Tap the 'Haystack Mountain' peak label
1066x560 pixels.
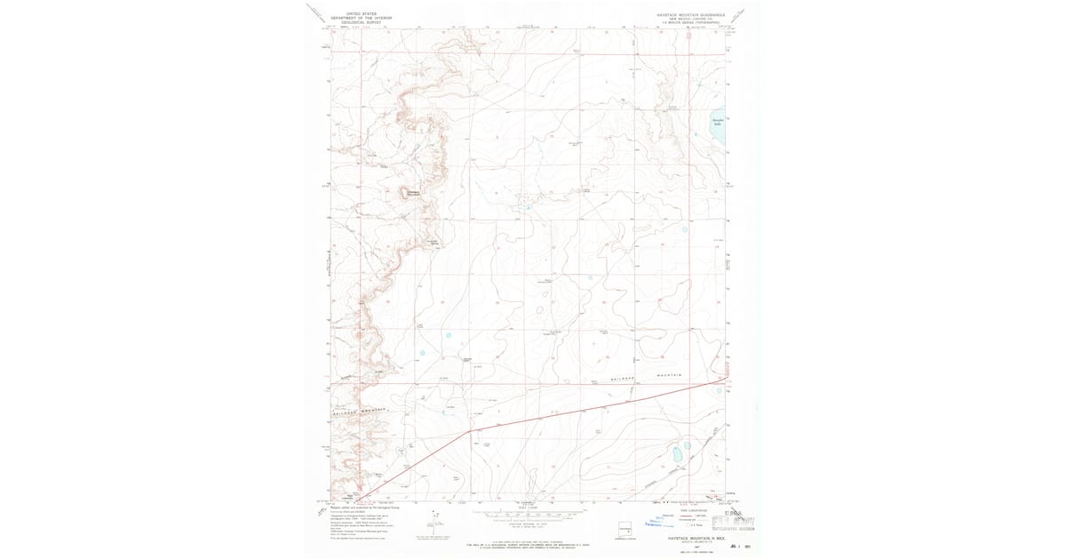[413, 193]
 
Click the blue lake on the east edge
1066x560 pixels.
[719, 131]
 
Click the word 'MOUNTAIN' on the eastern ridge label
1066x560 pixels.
[671, 376]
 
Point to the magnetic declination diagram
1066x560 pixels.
[435, 520]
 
